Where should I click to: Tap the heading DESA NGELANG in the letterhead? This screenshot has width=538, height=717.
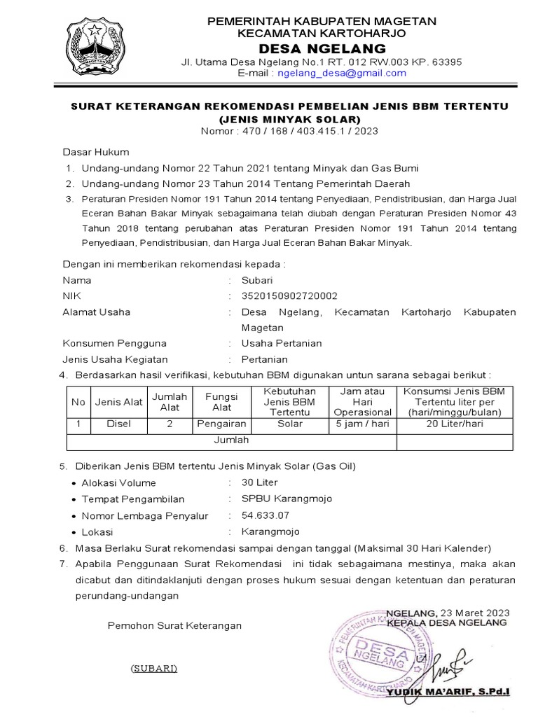click(x=323, y=48)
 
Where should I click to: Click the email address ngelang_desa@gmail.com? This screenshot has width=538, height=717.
click(x=342, y=73)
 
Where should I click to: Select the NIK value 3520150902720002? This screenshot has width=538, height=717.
click(x=289, y=295)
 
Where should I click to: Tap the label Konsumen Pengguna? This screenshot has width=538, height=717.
click(x=114, y=343)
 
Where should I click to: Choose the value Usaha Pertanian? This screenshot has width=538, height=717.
click(x=282, y=343)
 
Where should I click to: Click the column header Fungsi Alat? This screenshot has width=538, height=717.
click(x=222, y=401)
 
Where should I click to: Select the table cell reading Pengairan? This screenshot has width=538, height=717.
click(x=222, y=424)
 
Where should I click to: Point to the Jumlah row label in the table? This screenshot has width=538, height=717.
click(x=231, y=440)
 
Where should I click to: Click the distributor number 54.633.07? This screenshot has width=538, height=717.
click(x=265, y=515)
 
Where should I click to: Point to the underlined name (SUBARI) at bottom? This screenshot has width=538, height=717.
click(x=153, y=667)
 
